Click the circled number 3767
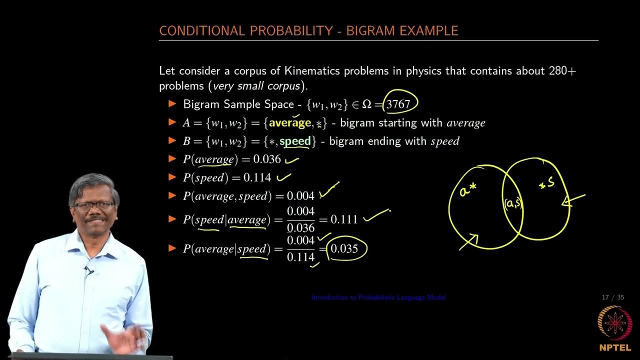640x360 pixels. click(398, 104)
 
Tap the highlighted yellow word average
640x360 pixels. click(290, 123)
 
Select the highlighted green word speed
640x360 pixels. click(295, 141)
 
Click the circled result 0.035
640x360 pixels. click(344, 248)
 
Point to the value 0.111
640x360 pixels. click(344, 219)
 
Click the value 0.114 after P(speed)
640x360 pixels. click(257, 177)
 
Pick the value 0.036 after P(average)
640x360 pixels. click(267, 159)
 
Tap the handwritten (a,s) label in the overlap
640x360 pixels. click(513, 203)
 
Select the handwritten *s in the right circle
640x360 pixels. click(546, 183)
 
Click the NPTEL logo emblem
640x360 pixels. click(614, 322)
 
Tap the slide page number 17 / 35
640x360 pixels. click(613, 297)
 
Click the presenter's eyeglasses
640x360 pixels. click(93, 205)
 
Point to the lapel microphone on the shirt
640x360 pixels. click(88, 270)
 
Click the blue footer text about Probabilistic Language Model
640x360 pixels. click(378, 297)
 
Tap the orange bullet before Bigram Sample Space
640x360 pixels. click(173, 104)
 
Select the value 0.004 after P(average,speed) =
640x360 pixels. click(300, 196)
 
